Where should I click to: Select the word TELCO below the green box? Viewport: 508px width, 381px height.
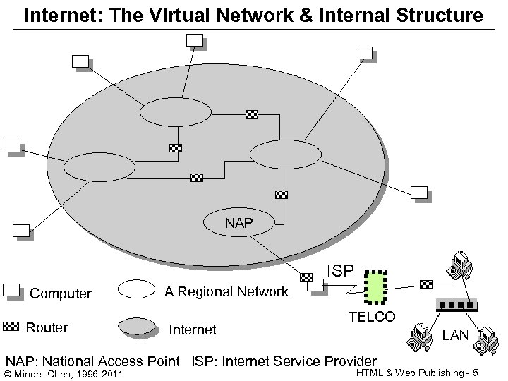[x=372, y=317]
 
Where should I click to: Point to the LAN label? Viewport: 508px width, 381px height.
[x=455, y=335]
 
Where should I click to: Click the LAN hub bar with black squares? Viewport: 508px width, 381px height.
[x=456, y=305]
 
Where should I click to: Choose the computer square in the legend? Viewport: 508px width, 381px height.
[x=11, y=289]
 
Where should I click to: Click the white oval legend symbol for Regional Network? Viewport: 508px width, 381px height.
[x=135, y=289]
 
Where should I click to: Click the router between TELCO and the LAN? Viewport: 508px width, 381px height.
[x=425, y=284]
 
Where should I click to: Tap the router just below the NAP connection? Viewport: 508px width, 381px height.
[x=306, y=277]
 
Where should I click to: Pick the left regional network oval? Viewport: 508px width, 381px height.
[x=99, y=167]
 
